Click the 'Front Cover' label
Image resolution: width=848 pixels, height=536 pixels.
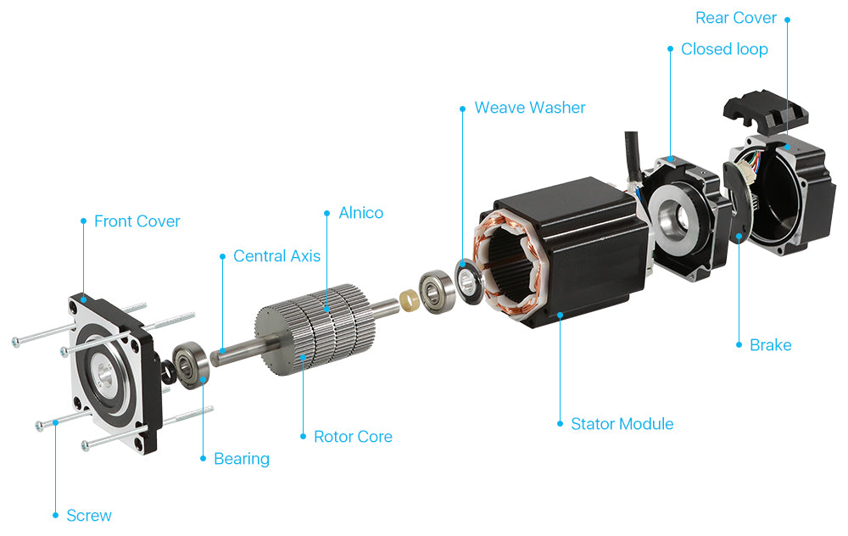tap(137, 221)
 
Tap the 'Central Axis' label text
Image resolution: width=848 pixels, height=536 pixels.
tap(276, 256)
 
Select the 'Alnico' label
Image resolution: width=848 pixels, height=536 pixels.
tap(360, 213)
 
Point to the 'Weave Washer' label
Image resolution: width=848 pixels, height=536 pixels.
tap(529, 108)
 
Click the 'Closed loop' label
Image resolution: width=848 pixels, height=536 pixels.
tap(723, 49)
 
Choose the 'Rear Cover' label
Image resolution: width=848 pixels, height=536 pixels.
tap(735, 18)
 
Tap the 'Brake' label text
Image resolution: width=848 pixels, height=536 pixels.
tap(770, 345)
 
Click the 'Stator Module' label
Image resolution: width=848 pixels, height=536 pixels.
tap(622, 424)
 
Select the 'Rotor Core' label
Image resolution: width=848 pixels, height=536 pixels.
tap(353, 437)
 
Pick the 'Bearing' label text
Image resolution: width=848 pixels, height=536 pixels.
tap(241, 459)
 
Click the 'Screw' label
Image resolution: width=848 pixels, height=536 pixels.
tap(89, 516)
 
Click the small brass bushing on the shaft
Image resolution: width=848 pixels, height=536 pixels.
tap(407, 297)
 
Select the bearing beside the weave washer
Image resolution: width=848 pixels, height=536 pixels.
tap(436, 289)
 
